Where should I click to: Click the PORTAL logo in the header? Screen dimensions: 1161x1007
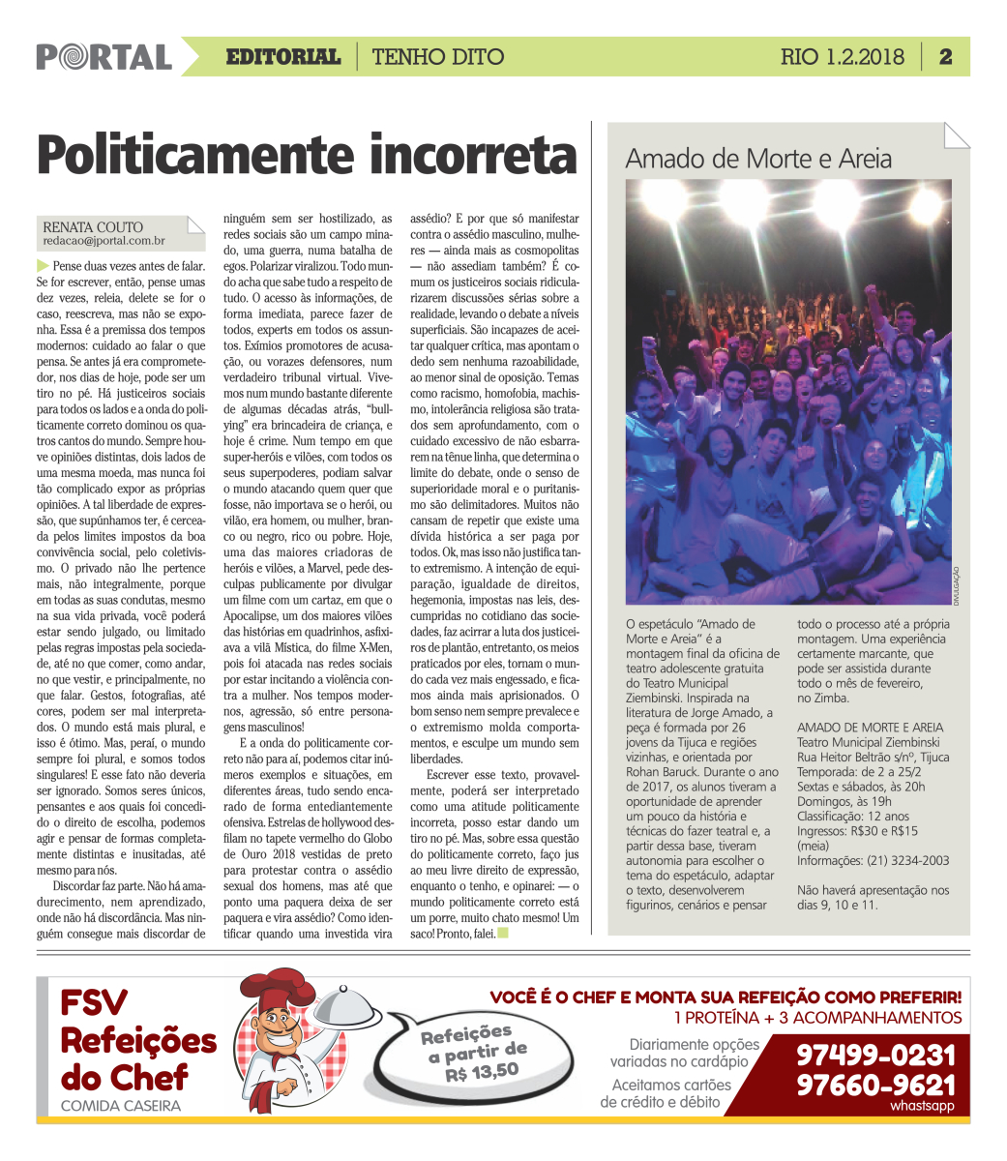click(104, 57)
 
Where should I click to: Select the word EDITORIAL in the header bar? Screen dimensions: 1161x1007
click(282, 57)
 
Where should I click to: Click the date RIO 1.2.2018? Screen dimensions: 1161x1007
click(842, 57)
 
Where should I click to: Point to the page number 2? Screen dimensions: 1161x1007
click(945, 57)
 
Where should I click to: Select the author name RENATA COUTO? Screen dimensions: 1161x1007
click(93, 227)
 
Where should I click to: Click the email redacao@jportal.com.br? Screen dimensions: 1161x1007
click(104, 241)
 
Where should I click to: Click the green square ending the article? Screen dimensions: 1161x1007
click(502, 934)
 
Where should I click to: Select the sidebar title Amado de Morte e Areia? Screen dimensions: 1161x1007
click(758, 159)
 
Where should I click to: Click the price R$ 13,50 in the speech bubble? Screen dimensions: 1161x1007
click(482, 1071)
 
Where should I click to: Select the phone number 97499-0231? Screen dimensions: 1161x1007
click(875, 1054)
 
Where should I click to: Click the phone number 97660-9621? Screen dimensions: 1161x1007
click(875, 1085)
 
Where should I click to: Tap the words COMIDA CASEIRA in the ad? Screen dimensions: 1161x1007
click(120, 1106)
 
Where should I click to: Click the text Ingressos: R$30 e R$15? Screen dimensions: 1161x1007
click(857, 831)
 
